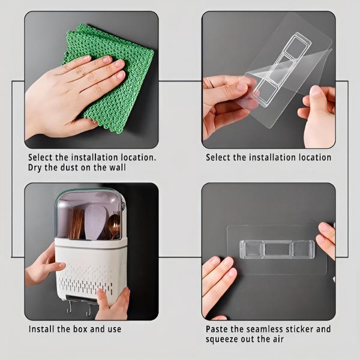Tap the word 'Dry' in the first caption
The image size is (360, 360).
tap(35, 167)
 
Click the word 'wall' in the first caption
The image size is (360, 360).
tap(118, 167)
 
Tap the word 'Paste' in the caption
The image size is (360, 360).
tap(217, 329)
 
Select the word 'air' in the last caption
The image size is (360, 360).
tap(278, 339)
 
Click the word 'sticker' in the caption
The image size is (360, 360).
tap(299, 329)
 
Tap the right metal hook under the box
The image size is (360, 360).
tap(89, 309)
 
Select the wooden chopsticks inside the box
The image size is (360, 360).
tap(76, 224)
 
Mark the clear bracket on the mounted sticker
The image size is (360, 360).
tap(277, 250)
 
